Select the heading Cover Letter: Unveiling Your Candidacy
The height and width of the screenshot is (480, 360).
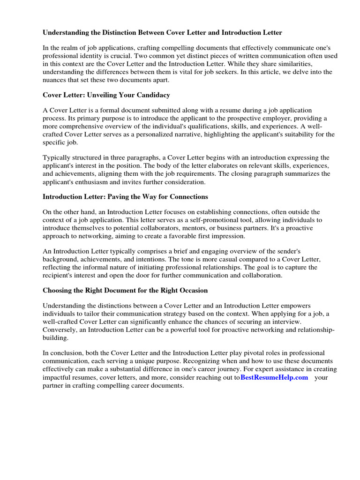coord(106,95)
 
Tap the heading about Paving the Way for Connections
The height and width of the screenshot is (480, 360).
coord(125,196)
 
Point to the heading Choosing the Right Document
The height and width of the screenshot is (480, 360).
coord(125,290)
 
